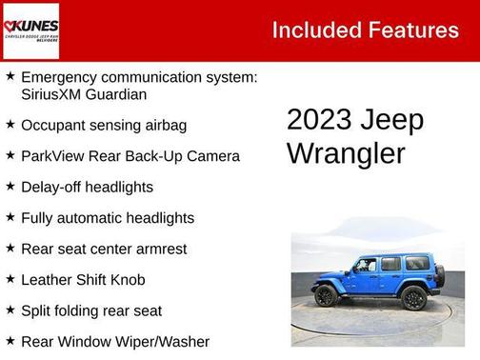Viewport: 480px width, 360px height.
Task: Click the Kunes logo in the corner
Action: pyautogui.click(x=30, y=30)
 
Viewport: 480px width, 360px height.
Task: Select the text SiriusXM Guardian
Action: pyautogui.click(x=83, y=94)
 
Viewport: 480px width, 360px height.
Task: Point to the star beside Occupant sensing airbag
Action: pyautogui.click(x=10, y=124)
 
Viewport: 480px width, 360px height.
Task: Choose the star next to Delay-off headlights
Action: pyautogui.click(x=10, y=186)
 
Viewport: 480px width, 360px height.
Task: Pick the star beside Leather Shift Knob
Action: pyautogui.click(x=10, y=278)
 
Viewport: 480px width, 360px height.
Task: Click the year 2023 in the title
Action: pyautogui.click(x=319, y=121)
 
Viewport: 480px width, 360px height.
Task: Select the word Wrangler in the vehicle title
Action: pyautogui.click(x=346, y=153)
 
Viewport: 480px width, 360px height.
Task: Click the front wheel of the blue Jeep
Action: pyautogui.click(x=326, y=296)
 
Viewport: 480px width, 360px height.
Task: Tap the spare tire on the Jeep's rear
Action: pyautogui.click(x=439, y=276)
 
